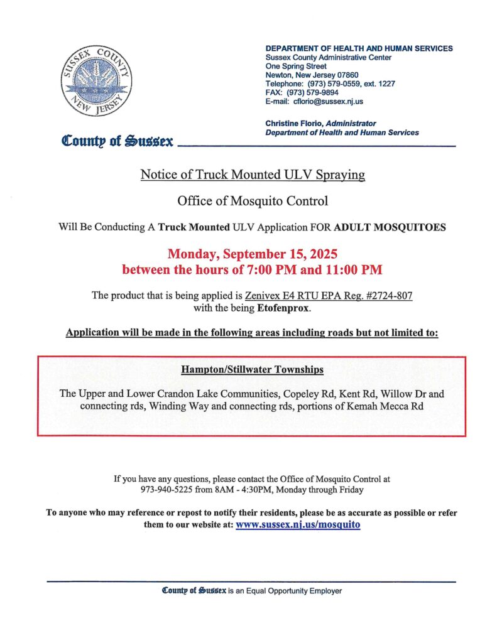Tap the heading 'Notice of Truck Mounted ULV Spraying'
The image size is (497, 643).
[253, 175]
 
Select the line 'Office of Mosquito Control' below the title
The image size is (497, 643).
[253, 201]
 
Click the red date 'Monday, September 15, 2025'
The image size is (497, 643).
[253, 255]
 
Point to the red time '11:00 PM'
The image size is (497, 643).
[355, 271]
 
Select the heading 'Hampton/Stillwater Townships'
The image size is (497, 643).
[252, 369]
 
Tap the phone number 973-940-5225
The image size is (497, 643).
[164, 489]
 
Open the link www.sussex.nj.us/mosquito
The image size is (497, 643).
[298, 524]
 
